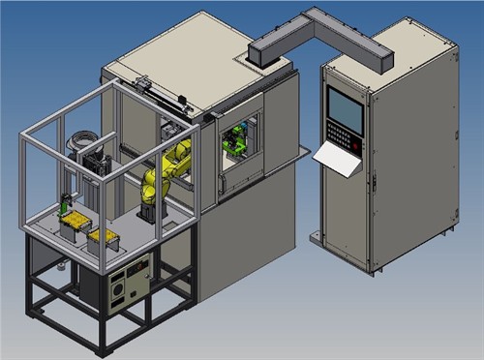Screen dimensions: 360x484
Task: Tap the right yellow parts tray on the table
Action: coord(105,238)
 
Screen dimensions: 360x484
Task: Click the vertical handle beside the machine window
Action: coord(222,155)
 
